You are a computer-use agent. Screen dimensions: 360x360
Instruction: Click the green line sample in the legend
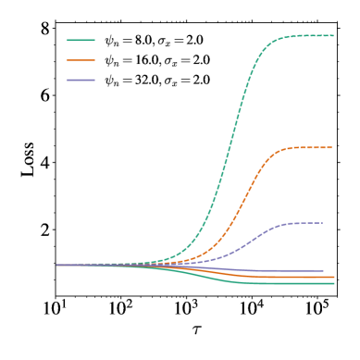point(81,40)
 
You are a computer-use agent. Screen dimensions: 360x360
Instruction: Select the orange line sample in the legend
point(81,60)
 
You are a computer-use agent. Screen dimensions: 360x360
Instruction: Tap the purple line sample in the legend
point(81,80)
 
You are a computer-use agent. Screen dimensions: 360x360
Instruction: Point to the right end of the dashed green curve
point(333,35)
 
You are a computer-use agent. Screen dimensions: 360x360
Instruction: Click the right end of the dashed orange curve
point(331,148)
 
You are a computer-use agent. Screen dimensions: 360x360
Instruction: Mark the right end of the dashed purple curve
point(322,223)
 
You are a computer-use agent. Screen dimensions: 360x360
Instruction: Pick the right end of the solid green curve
point(333,283)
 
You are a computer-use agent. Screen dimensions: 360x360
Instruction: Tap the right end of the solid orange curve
point(333,277)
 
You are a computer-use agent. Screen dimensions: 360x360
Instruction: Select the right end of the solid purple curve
point(323,271)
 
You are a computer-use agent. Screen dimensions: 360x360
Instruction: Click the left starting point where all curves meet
point(57,265)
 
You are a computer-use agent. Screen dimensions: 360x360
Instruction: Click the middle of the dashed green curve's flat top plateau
point(310,35)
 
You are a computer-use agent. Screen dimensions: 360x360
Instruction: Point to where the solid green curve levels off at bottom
point(254,282)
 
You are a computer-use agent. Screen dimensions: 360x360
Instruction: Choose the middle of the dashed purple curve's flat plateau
point(307,223)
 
